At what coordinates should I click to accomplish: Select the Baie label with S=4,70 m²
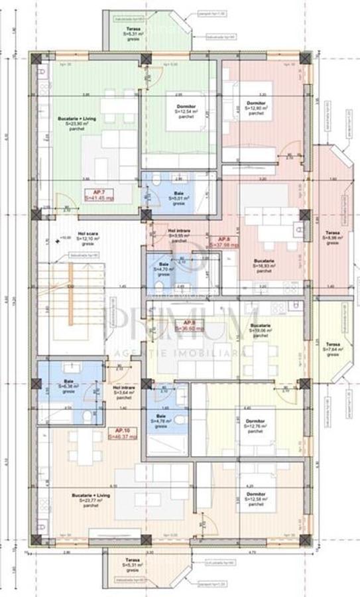click(x=162, y=267)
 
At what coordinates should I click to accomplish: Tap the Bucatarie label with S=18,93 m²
click(x=263, y=267)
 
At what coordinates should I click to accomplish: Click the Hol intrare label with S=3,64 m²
click(x=123, y=390)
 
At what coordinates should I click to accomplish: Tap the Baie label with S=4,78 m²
click(x=160, y=420)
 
